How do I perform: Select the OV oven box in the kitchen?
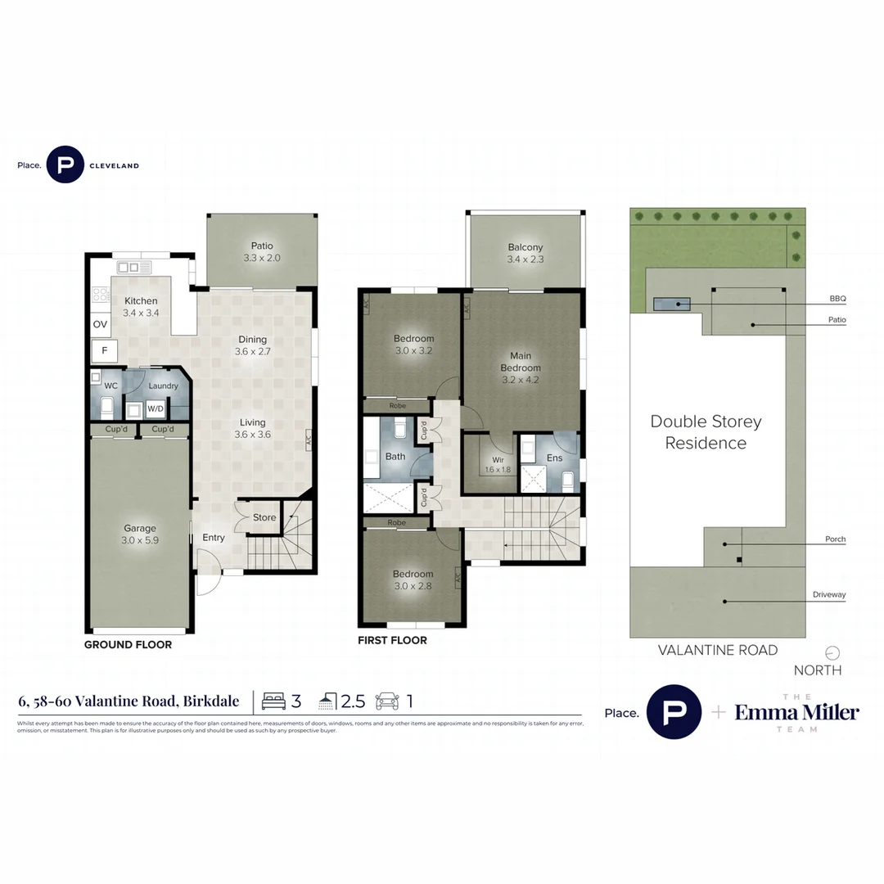(x=100, y=325)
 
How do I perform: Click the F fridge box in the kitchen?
(x=104, y=351)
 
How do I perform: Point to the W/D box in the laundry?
(x=155, y=408)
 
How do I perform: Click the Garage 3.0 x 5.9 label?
(x=140, y=534)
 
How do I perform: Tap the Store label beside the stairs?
(x=264, y=517)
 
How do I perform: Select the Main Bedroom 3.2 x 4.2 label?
(x=521, y=368)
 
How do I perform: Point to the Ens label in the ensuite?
(x=555, y=458)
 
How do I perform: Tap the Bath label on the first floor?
(x=395, y=457)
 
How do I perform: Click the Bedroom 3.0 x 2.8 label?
(x=413, y=580)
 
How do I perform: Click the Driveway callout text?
(x=828, y=595)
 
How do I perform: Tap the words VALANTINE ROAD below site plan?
(x=718, y=651)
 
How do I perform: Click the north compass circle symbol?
(x=832, y=653)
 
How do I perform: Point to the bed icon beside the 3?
(x=274, y=701)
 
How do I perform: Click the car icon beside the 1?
(x=387, y=701)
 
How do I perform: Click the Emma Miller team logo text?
(x=796, y=713)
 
